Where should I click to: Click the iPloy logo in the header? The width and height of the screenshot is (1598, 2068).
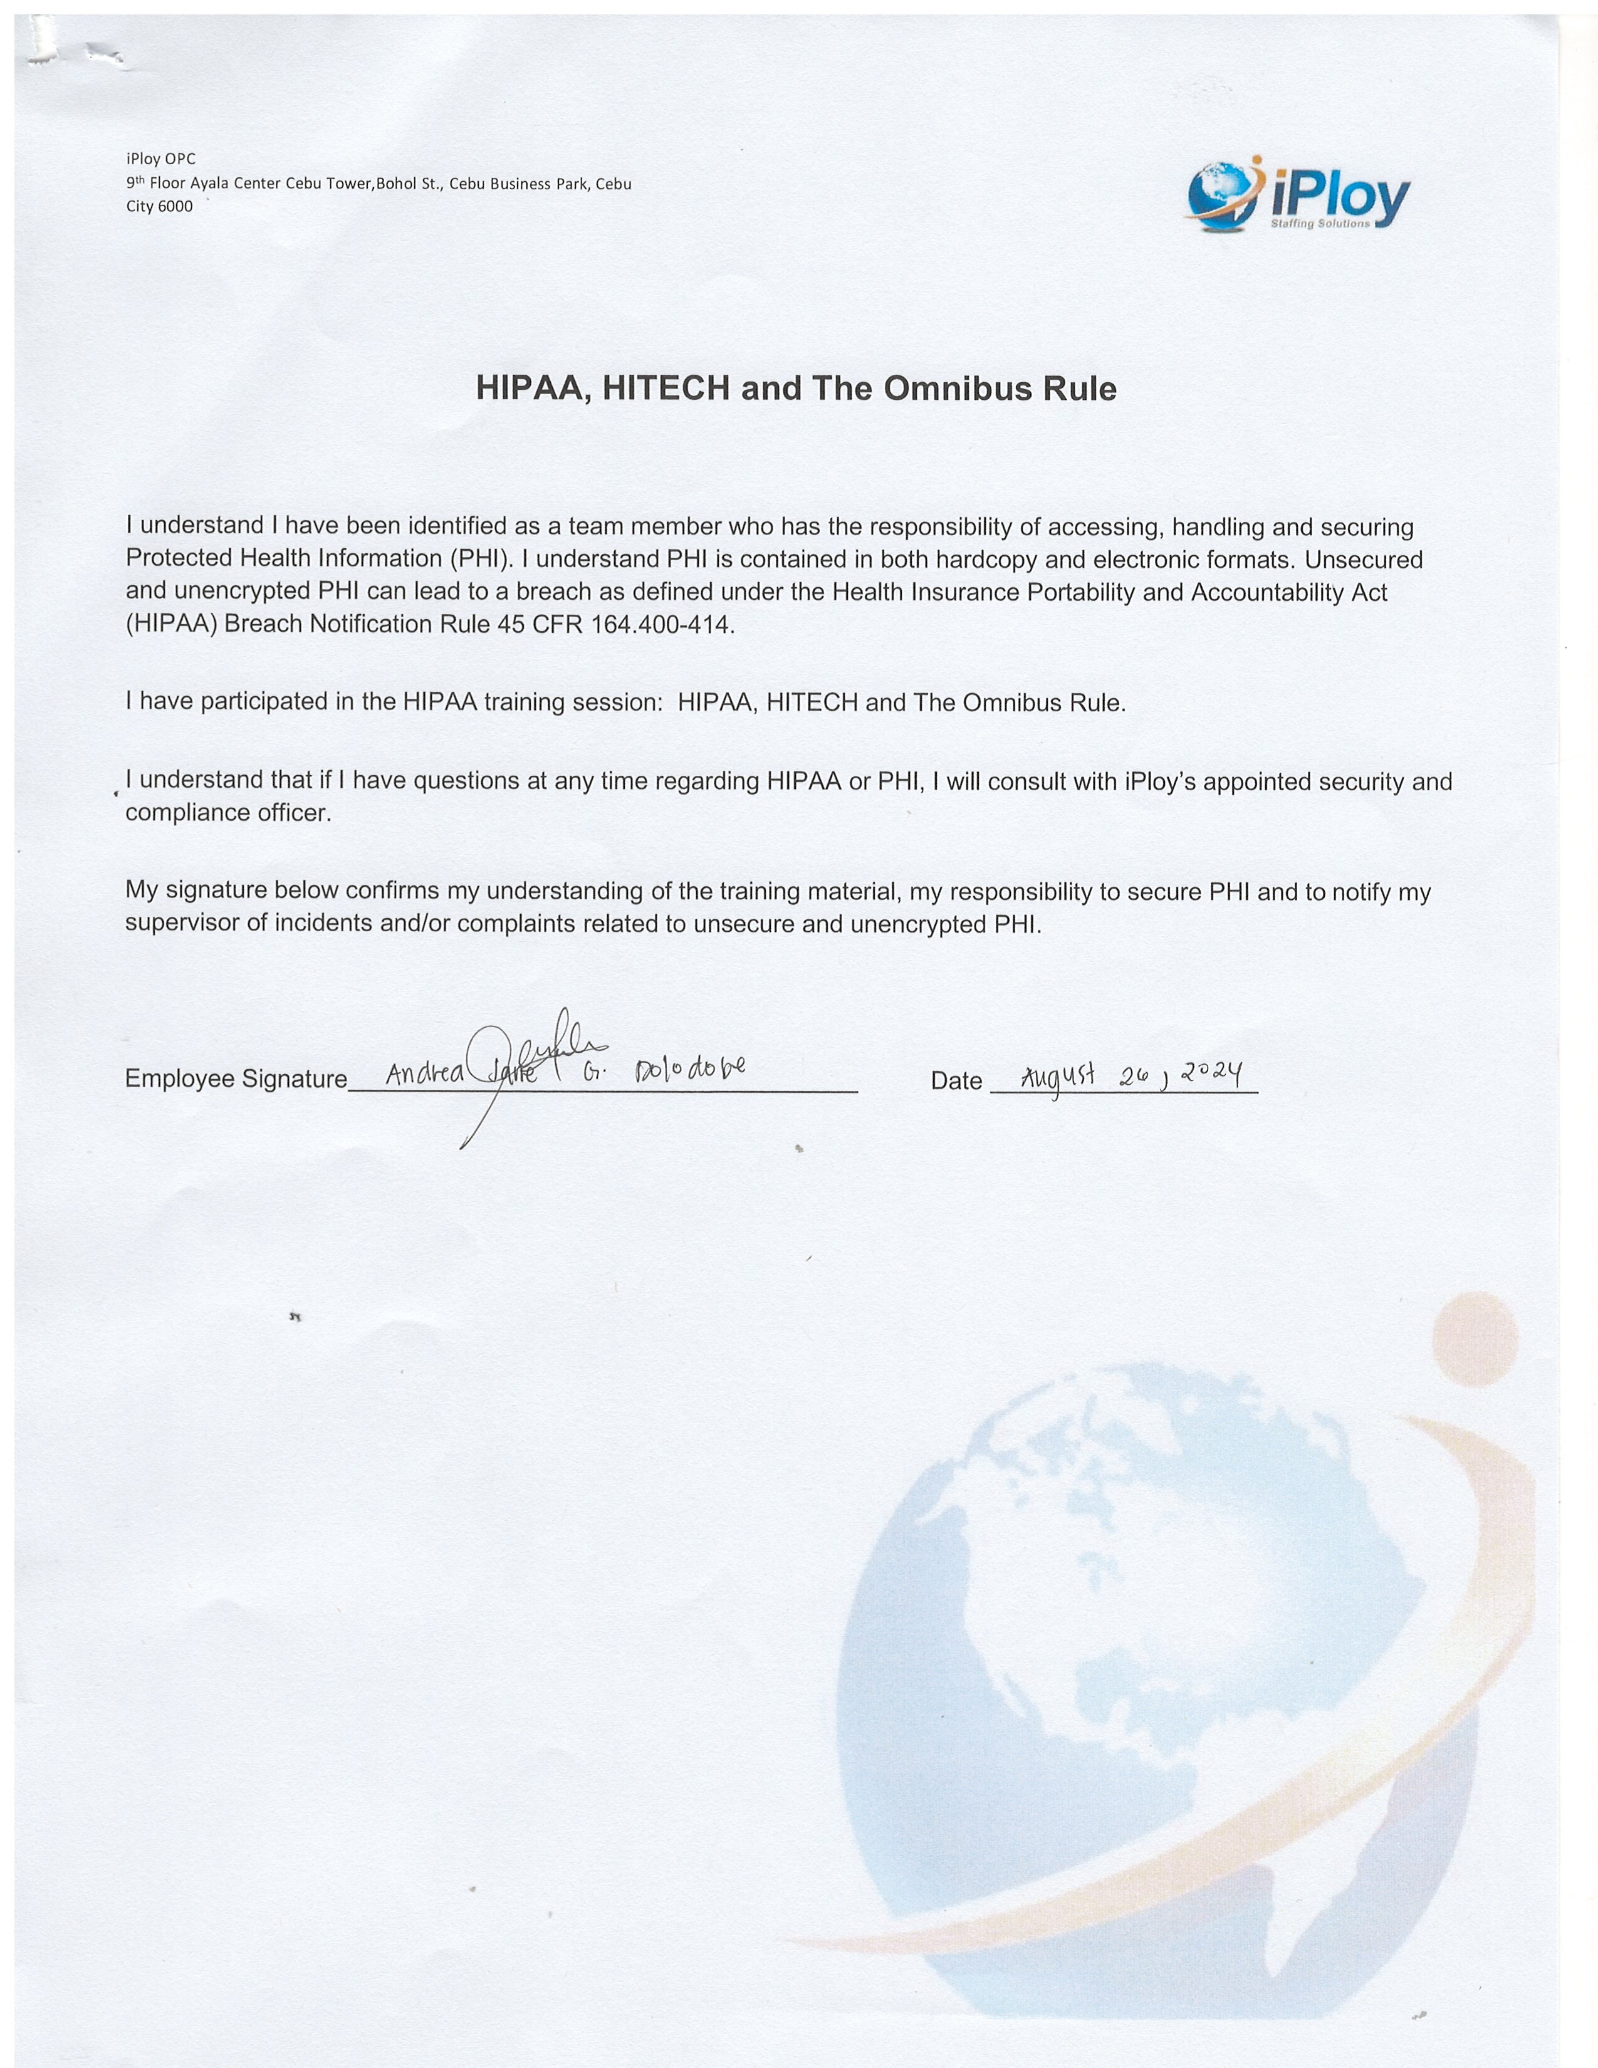1298,195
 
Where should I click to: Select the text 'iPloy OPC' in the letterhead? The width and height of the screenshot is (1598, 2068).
161,159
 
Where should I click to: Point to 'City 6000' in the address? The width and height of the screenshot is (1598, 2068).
159,206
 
